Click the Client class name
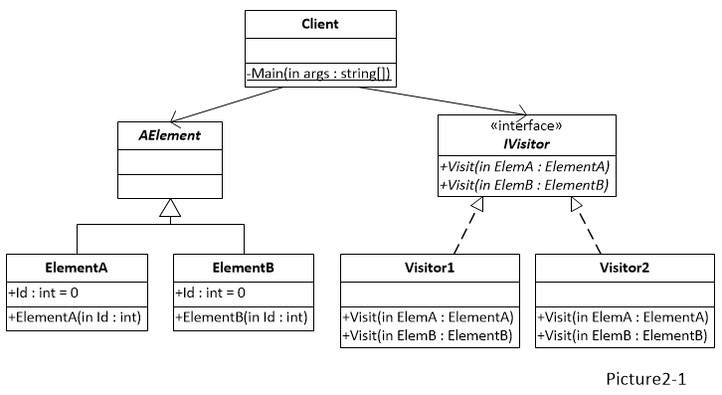319,23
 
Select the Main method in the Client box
319,74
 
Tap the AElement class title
169,135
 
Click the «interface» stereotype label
526,126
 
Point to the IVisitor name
526,144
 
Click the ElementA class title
77,268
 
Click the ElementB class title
243,268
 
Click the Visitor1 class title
429,268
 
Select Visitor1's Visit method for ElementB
429,335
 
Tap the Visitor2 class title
625,268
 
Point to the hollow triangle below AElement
169,208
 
